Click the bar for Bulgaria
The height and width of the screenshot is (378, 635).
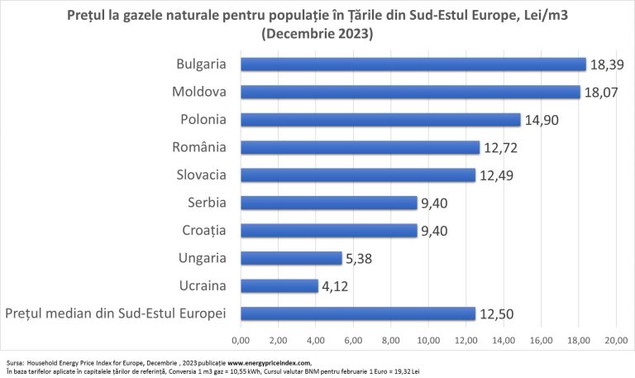tap(413, 65)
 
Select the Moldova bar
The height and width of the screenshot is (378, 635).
tap(409, 92)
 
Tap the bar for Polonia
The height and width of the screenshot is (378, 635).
tap(380, 120)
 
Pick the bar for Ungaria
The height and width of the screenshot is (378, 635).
tap(290, 258)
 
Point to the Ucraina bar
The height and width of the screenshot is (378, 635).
tap(279, 286)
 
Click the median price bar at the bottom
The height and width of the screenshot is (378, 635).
tap(357, 313)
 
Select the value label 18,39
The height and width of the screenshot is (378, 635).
tap(609, 65)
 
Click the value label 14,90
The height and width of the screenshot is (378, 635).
tap(542, 120)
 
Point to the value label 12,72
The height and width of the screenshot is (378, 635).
tap(502, 147)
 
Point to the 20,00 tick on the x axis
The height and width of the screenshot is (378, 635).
tap(616, 340)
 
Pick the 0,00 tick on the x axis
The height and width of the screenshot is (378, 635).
tap(241, 340)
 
